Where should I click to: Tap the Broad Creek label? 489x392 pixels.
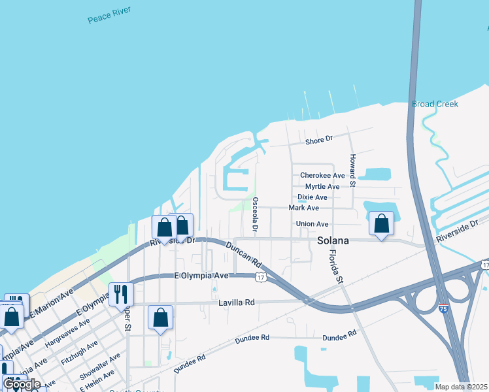click(435, 104)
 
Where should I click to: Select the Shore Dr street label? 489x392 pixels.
click(320, 139)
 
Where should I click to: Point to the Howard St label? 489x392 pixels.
click(352, 171)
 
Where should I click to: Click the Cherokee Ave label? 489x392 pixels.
click(322, 176)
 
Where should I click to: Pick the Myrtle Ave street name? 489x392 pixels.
click(322, 186)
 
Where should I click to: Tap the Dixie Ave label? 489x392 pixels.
click(312, 197)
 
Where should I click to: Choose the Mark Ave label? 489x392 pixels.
click(303, 208)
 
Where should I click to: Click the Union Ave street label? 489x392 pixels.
click(312, 224)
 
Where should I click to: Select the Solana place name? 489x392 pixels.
click(333, 240)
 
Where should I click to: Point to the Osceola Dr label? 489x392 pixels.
click(255, 215)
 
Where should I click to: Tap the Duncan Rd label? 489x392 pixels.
click(244, 255)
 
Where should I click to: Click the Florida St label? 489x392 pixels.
click(335, 266)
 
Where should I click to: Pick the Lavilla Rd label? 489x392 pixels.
click(236, 303)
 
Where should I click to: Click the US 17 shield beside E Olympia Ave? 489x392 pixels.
click(261, 278)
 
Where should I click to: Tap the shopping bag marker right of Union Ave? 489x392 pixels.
click(381, 223)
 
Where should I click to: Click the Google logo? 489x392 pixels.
click(22, 384)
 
